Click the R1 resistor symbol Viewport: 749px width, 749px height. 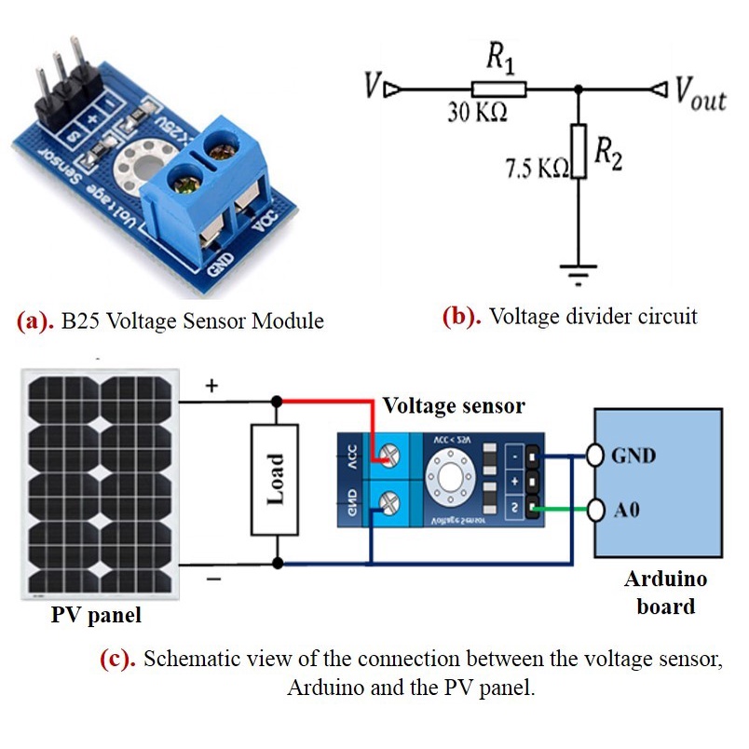point(498,89)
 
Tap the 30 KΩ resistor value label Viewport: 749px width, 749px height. point(478,114)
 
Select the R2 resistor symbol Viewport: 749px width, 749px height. point(579,150)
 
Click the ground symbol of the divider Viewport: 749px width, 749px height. point(579,271)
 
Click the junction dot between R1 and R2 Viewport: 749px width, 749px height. point(579,89)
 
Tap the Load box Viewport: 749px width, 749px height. point(275,479)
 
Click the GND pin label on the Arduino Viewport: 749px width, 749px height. point(633,456)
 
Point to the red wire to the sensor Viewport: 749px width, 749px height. point(326,402)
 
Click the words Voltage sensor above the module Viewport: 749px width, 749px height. point(454,406)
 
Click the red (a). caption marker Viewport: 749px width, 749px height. point(36,321)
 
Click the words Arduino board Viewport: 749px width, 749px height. point(665,592)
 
